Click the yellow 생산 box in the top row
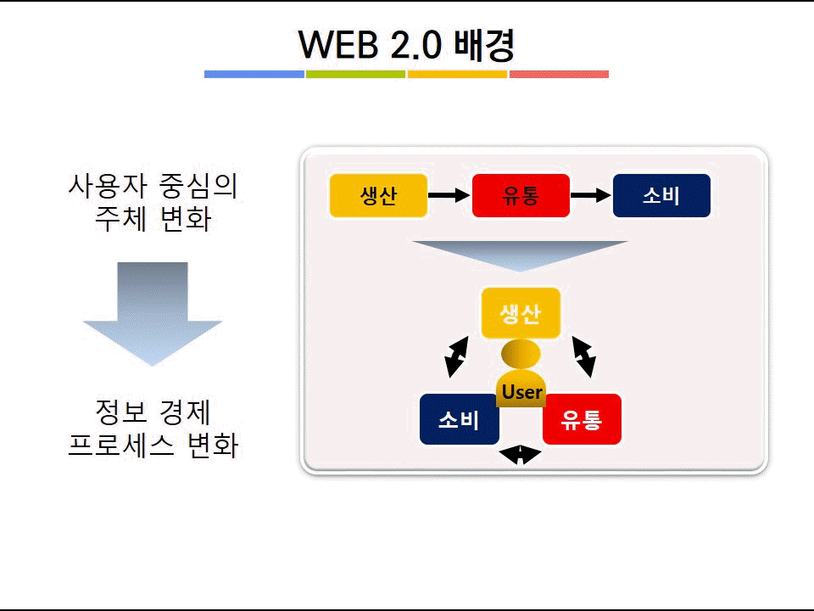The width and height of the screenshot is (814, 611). click(x=378, y=195)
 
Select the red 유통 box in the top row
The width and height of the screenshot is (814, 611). click(x=521, y=195)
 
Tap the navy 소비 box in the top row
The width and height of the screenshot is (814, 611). click(x=661, y=195)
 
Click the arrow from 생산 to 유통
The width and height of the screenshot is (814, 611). click(x=449, y=195)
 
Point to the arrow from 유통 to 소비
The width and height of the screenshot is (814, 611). click(x=591, y=195)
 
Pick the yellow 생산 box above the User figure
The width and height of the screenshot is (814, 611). click(x=521, y=313)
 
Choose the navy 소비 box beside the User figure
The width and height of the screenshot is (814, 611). click(x=460, y=418)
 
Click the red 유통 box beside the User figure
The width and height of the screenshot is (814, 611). click(x=582, y=418)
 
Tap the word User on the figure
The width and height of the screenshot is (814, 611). click(x=521, y=392)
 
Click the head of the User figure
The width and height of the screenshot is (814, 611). click(x=521, y=354)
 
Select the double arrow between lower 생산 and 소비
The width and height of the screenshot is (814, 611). click(x=457, y=357)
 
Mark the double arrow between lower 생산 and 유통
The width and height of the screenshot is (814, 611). click(x=584, y=357)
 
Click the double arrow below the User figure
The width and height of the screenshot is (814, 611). click(x=520, y=455)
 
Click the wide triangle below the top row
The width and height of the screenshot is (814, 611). click(x=520, y=255)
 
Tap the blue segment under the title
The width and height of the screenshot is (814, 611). click(x=254, y=75)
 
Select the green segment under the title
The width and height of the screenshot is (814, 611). click(x=355, y=75)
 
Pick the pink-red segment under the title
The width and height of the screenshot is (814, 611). click(x=559, y=75)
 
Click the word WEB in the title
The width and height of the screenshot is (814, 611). click(x=339, y=45)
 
